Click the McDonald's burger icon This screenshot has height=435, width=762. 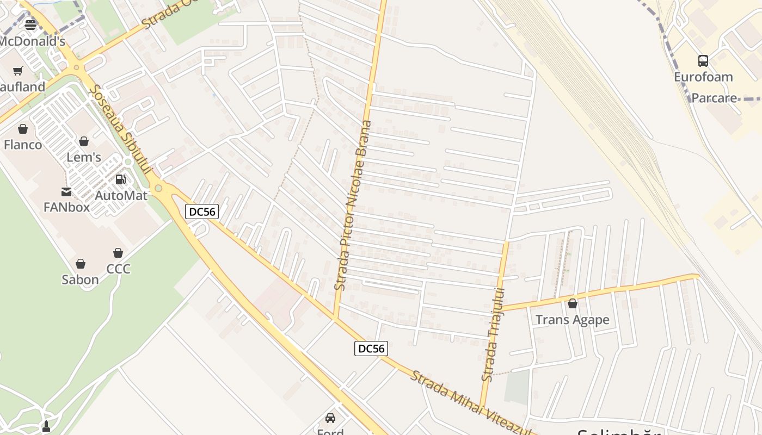pyautogui.click(x=30, y=24)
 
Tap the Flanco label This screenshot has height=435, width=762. pyautogui.click(x=23, y=145)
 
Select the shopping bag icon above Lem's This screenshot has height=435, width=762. pyautogui.click(x=84, y=141)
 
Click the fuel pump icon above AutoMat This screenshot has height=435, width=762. pyautogui.click(x=121, y=179)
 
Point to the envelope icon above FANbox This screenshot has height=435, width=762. pyautogui.click(x=66, y=191)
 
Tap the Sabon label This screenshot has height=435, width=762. pyautogui.click(x=80, y=279)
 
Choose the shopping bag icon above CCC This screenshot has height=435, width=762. pyautogui.click(x=118, y=253)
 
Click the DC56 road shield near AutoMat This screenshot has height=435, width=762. pyautogui.click(x=202, y=212)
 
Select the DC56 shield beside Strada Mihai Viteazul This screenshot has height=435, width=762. pyautogui.click(x=371, y=349)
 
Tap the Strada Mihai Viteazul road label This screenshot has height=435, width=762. pyautogui.click(x=471, y=403)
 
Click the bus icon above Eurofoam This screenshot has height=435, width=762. pyautogui.click(x=703, y=60)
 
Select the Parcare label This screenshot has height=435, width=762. pyautogui.click(x=714, y=98)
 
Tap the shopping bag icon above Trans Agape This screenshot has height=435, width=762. pyautogui.click(x=572, y=303)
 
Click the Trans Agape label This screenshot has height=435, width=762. pyautogui.click(x=572, y=320)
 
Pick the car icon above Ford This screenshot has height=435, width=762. pyautogui.click(x=330, y=418)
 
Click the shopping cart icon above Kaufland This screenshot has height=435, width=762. pyautogui.click(x=18, y=71)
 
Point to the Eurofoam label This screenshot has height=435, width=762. pyautogui.click(x=703, y=77)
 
